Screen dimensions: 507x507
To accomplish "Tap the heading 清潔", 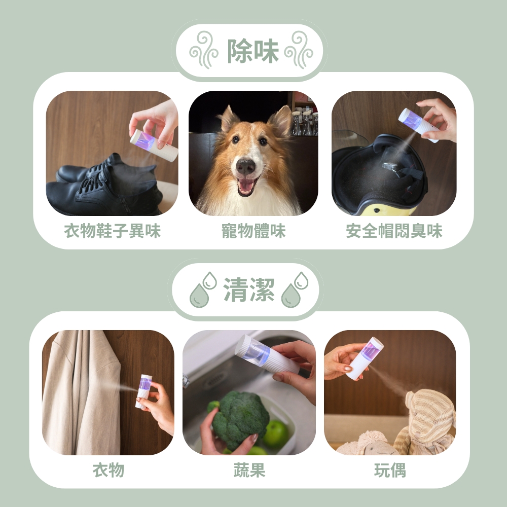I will click(x=249, y=290).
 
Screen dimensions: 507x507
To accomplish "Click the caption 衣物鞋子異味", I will click(x=112, y=231).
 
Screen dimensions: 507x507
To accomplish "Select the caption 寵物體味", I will click(x=253, y=231).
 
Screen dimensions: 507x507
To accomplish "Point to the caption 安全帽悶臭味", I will click(x=394, y=231).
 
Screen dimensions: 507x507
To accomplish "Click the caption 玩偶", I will click(x=390, y=470).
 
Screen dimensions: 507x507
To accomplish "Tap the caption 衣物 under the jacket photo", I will click(x=108, y=470).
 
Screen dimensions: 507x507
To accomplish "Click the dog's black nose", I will click(x=246, y=166).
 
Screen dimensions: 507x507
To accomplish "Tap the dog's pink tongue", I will click(x=246, y=187).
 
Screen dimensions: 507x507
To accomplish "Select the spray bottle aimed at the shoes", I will click(x=154, y=145).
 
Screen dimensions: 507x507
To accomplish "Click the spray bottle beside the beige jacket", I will click(x=144, y=391).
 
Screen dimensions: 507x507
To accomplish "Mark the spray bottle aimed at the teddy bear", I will click(x=365, y=357).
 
